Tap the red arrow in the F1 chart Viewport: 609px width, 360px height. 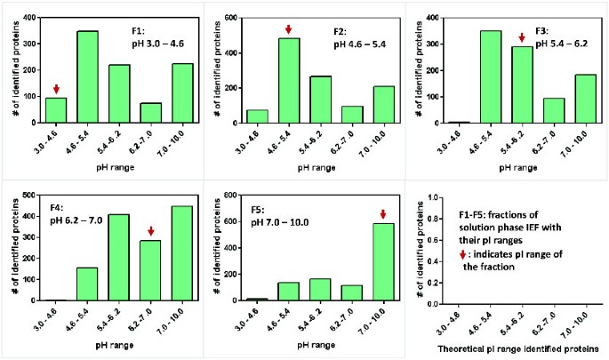(55, 89)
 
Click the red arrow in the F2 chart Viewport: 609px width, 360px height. (289, 30)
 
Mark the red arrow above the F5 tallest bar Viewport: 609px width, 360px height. (384, 213)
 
